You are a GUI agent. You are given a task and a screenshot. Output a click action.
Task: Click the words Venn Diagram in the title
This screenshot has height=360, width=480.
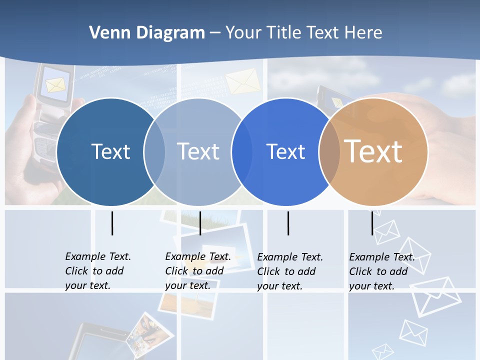(x=147, y=33)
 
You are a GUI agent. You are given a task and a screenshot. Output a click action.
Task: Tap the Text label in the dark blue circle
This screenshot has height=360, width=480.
(x=110, y=151)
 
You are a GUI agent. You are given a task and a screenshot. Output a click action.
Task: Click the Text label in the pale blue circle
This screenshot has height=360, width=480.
(x=198, y=151)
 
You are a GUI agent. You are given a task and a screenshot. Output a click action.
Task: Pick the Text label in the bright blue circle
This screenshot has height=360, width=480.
(x=285, y=151)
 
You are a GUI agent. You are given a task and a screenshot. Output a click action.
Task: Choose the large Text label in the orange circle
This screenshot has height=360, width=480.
(x=373, y=151)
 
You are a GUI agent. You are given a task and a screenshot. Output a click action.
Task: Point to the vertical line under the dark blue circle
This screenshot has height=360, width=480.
(x=112, y=223)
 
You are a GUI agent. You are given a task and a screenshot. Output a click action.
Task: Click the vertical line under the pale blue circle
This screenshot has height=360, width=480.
(x=200, y=223)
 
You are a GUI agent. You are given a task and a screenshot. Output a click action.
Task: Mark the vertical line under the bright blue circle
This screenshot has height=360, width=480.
(x=288, y=223)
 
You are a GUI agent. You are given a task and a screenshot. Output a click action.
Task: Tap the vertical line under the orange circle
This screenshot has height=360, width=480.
(x=372, y=223)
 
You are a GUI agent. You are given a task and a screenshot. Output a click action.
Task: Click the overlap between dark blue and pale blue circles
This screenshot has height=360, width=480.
(x=154, y=151)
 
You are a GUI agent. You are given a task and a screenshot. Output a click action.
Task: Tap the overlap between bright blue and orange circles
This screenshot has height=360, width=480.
(x=329, y=151)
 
